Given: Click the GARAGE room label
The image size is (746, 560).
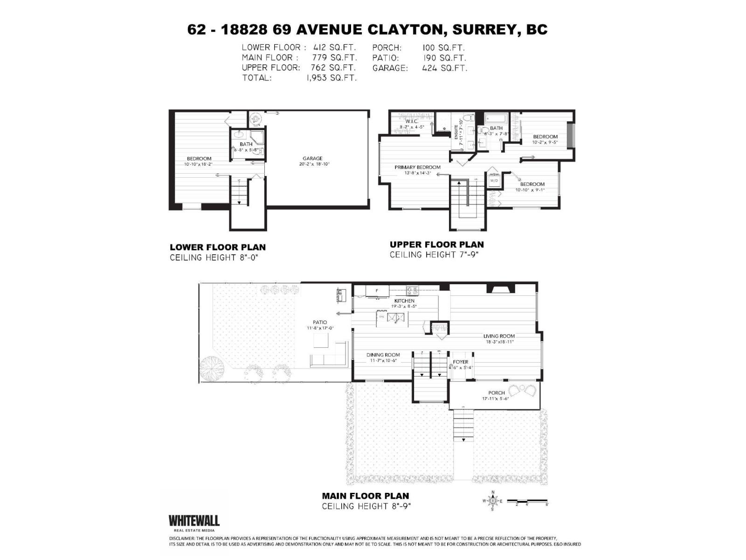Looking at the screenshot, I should [312, 159].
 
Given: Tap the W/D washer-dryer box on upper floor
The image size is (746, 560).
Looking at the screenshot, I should [493, 180].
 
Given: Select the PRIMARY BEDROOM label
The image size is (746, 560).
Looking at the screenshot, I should [417, 167].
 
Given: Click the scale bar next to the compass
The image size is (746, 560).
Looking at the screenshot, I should [528, 501].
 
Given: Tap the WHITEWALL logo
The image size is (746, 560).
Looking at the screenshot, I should [193, 521].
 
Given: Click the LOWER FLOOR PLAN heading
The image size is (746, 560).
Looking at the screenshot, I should [217, 247].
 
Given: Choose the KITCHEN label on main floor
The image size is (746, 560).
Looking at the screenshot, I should [404, 301].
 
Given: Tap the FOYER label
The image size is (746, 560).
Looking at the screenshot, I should [460, 362].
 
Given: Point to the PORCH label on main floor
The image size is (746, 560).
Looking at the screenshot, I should [496, 392].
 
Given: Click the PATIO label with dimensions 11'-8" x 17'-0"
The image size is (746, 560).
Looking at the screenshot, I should [320, 322].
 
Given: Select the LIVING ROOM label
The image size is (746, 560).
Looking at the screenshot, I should [498, 336].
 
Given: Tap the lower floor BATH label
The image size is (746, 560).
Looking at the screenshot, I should [246, 144].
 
